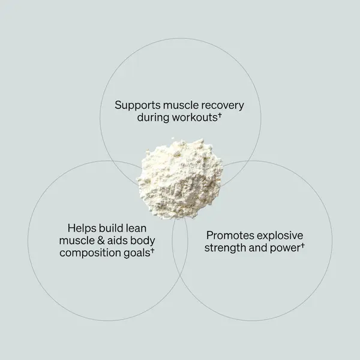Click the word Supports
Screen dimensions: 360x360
coord(137,106)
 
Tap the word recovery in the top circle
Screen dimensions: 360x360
coord(223,106)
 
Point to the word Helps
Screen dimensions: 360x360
coord(82,229)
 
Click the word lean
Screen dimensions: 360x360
coord(136,228)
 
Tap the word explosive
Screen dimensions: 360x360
coord(280,236)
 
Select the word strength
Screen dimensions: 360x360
coord(226,248)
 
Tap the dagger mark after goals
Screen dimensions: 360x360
coord(152,250)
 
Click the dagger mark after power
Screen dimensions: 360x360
coord(302,245)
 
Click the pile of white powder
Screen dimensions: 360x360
coord(180,178)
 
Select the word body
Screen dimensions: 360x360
coord(143,241)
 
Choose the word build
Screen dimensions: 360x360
coord(111,228)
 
